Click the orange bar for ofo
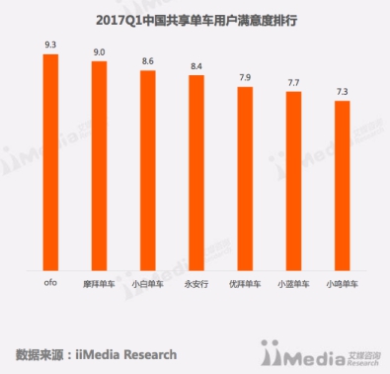51,163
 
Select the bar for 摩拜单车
99,167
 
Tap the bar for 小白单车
147,172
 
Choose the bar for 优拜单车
244,180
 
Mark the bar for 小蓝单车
292,183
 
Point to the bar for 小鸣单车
341,187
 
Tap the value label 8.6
147,63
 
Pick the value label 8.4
195,67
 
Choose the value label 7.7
292,84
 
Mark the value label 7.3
341,93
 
